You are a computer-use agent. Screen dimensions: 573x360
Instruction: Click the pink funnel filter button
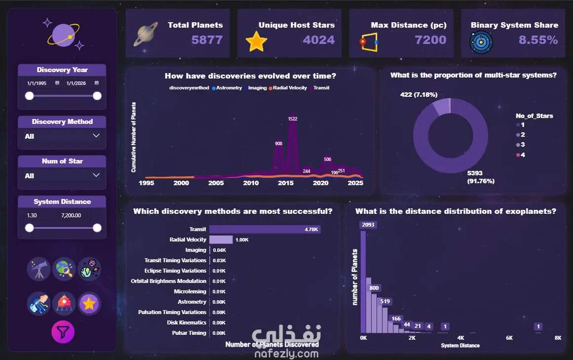63,332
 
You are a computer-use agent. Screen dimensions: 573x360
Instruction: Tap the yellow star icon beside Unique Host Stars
256,41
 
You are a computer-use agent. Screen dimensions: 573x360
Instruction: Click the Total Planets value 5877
207,40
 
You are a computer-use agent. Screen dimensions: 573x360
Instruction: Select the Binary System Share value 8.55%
538,40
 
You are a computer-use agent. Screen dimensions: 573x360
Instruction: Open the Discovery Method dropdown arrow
96,136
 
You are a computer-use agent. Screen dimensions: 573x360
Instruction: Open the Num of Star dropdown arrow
96,175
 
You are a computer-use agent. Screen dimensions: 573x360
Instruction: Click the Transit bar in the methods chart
265,229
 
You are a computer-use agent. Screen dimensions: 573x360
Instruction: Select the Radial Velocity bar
221,240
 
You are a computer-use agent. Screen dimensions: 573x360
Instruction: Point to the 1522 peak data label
293,119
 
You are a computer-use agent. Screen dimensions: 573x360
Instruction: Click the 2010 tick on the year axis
251,183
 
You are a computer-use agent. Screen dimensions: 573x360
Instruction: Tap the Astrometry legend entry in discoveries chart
227,88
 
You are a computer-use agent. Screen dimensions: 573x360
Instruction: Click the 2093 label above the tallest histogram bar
368,225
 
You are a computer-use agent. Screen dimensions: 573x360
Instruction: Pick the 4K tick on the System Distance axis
461,338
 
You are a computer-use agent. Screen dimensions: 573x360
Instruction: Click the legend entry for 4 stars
520,155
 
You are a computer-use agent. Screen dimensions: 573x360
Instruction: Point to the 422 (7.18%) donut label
419,95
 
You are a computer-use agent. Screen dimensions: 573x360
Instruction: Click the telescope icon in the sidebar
38,269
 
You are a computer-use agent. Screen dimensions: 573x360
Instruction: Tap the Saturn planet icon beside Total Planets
146,34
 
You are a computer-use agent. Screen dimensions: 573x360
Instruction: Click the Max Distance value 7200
430,40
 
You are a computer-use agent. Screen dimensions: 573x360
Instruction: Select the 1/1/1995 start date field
37,83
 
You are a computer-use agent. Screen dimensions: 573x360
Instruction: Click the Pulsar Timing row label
189,333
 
